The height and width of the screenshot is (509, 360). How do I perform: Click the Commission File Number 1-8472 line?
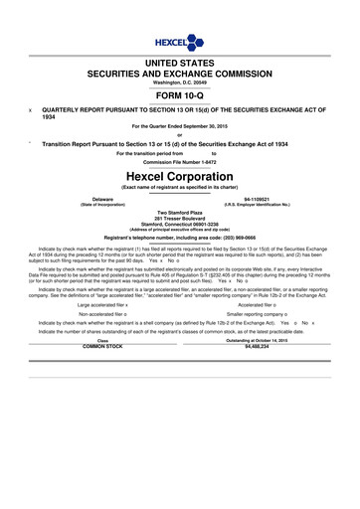[180, 162]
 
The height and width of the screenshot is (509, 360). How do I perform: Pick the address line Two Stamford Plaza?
[180, 211]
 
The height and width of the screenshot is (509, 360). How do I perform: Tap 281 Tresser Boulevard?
[180, 218]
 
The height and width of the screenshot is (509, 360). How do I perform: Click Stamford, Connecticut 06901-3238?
[180, 224]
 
